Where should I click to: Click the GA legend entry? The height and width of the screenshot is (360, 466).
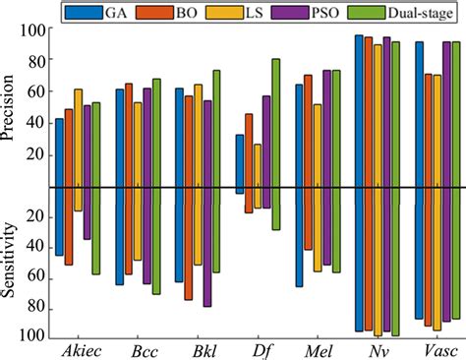[x=134, y=12]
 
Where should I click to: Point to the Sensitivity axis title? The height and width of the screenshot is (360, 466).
[x=12, y=262]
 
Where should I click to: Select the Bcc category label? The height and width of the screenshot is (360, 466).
[x=139, y=350]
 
